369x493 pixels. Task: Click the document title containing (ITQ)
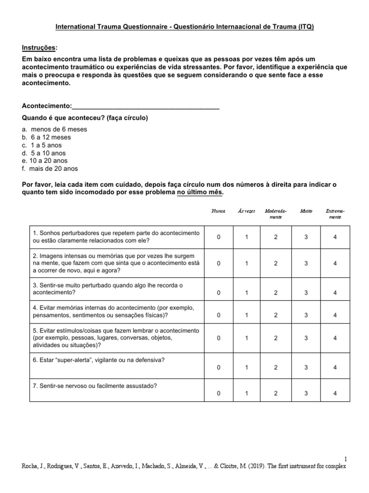click(184, 27)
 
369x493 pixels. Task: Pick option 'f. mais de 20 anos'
click(50, 169)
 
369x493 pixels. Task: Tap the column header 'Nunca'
click(219, 211)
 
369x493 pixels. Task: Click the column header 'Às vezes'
click(247, 211)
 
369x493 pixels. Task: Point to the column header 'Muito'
click(306, 211)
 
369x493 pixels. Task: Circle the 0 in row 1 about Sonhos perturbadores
click(219, 237)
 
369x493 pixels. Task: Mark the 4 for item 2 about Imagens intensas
click(335, 263)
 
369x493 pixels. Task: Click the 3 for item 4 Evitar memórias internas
click(306, 315)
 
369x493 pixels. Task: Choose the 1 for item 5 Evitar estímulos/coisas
click(247, 338)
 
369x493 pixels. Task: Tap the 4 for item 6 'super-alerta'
click(335, 367)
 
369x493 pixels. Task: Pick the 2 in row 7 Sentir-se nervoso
click(276, 393)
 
